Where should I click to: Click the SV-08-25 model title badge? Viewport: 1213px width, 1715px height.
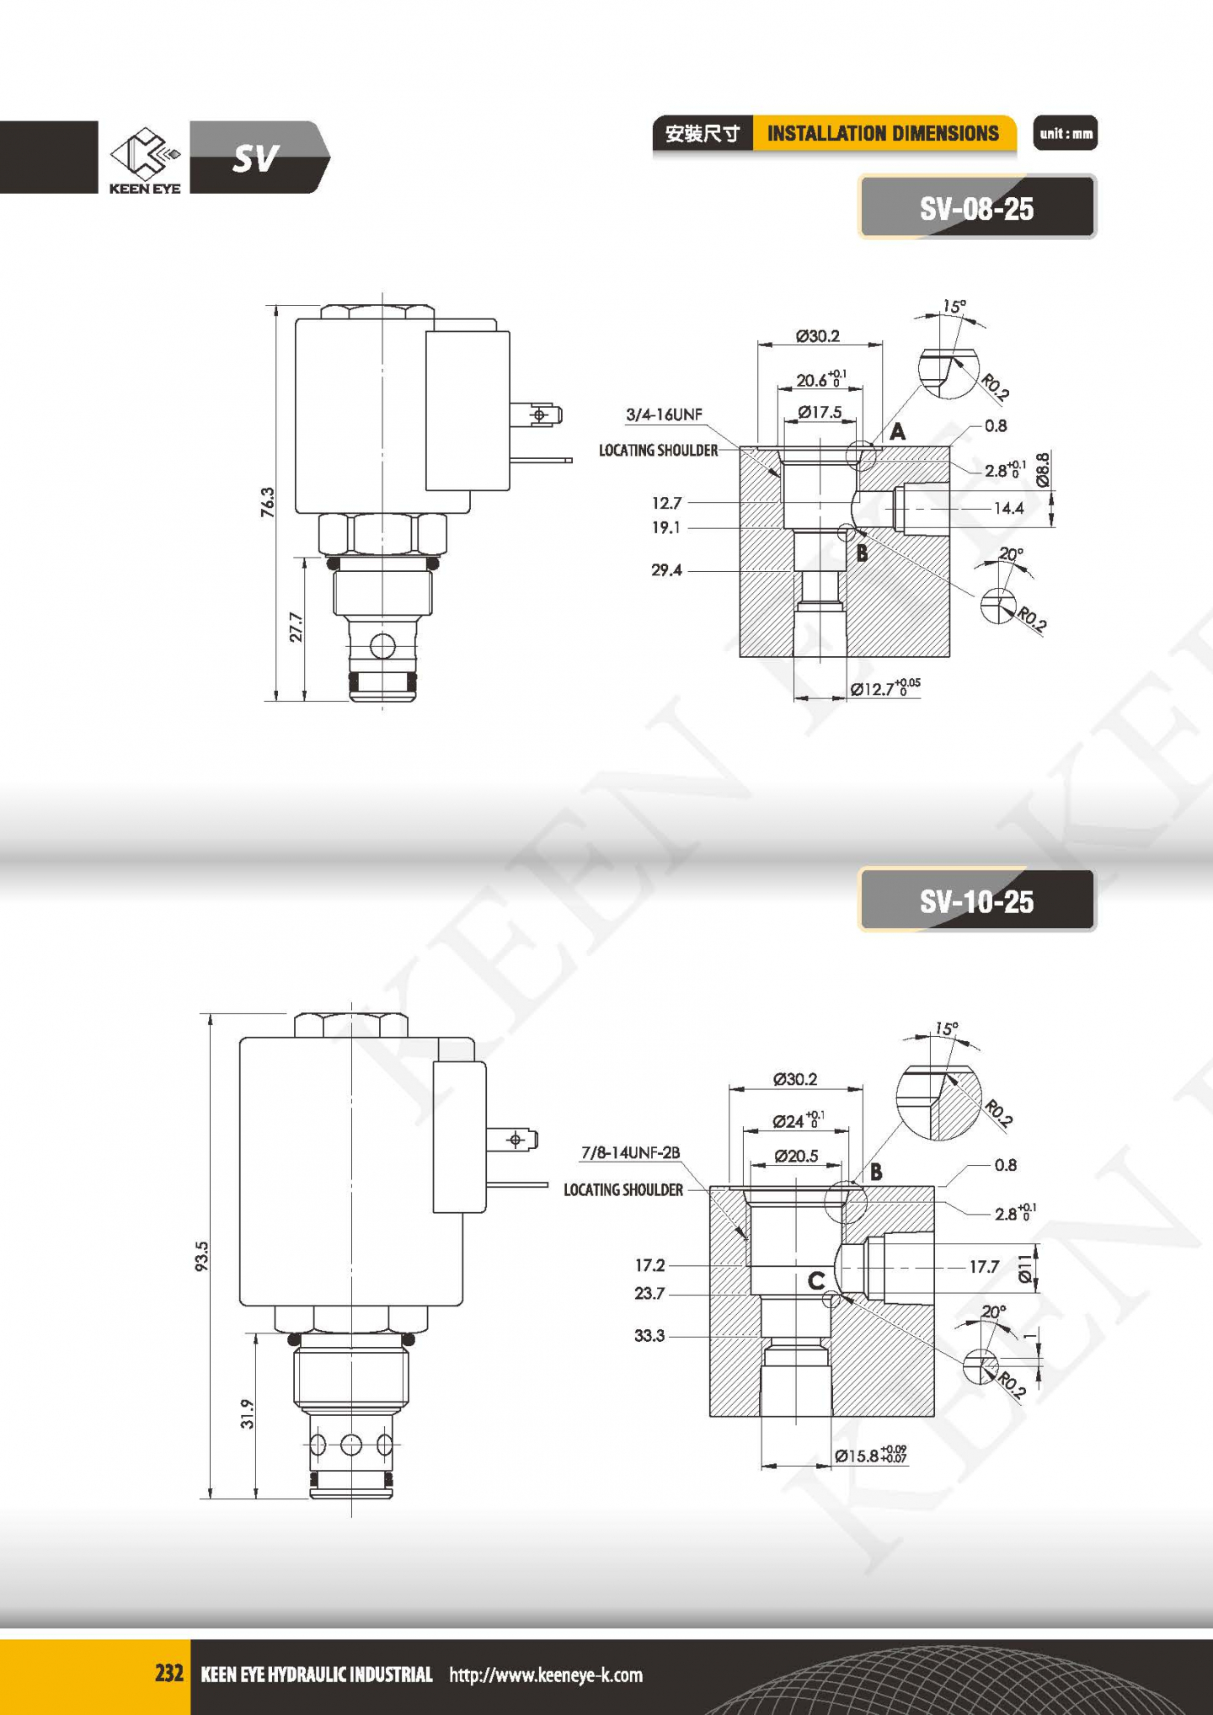977,207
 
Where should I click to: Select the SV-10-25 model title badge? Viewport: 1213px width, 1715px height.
977,901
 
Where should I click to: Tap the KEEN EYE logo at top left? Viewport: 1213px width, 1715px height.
145,160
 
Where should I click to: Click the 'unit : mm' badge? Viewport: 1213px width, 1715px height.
1066,133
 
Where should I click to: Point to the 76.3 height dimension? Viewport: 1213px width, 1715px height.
268,502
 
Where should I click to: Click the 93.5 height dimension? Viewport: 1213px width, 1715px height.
201,1256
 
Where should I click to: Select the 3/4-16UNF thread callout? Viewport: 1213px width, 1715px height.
664,414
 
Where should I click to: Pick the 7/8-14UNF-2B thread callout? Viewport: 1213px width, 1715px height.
630,1152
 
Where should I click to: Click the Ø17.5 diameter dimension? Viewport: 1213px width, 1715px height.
820,412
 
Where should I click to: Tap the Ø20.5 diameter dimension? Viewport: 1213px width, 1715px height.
796,1156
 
